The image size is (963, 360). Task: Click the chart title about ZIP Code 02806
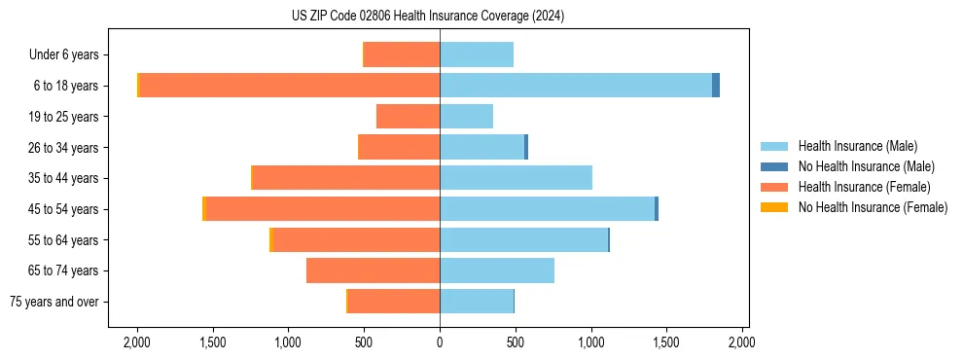pyautogui.click(x=428, y=17)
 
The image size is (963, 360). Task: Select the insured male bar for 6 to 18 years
pyautogui.click(x=576, y=86)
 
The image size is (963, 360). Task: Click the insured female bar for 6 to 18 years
pyautogui.click(x=290, y=86)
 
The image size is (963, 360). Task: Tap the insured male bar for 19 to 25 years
pyautogui.click(x=466, y=117)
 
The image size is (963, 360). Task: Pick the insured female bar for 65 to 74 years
pyautogui.click(x=373, y=270)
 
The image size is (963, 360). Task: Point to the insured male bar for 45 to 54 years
pyautogui.click(x=547, y=209)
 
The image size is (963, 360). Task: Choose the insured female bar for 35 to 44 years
pyautogui.click(x=345, y=178)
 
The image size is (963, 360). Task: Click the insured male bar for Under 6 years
pyautogui.click(x=477, y=54)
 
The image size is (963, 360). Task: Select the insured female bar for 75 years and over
pyautogui.click(x=393, y=302)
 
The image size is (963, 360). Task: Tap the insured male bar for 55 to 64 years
pyautogui.click(x=523, y=240)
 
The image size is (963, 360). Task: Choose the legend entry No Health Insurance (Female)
pyautogui.click(x=873, y=207)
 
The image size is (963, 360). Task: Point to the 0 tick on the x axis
pyautogui.click(x=440, y=342)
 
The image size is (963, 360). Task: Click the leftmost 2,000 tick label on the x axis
pyautogui.click(x=137, y=342)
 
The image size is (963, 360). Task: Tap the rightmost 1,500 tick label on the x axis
pyautogui.click(x=666, y=342)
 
